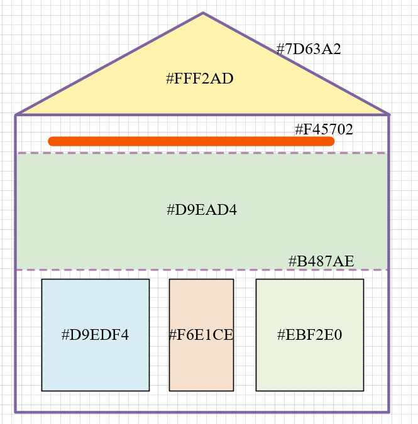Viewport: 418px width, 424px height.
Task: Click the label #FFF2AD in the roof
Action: click(200, 79)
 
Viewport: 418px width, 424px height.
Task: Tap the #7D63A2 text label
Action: click(309, 50)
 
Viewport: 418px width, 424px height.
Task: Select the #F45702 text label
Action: click(324, 130)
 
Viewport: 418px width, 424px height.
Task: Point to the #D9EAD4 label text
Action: click(201, 210)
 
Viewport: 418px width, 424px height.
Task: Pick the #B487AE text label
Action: click(321, 261)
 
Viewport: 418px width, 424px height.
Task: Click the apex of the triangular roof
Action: click(203, 13)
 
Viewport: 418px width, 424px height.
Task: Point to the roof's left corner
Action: click(16, 115)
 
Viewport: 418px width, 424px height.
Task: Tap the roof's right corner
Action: click(389, 115)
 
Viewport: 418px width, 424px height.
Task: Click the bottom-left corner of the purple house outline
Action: click(16, 412)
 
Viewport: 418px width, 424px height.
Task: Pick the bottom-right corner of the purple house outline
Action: click(389, 412)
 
